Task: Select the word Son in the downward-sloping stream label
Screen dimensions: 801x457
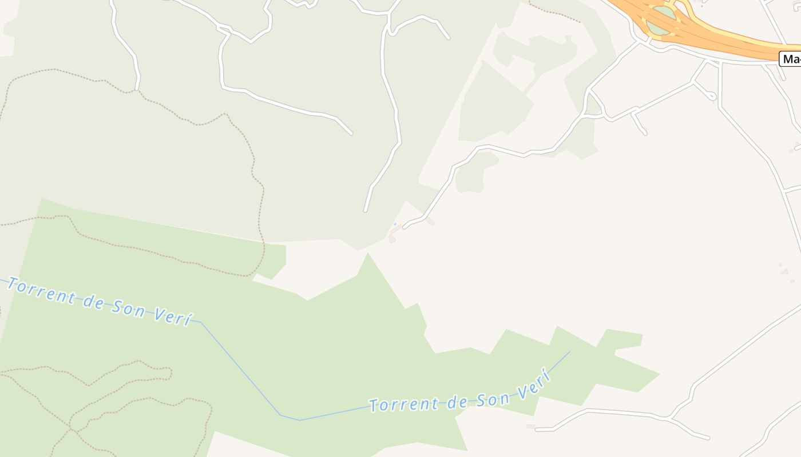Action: click(x=132, y=308)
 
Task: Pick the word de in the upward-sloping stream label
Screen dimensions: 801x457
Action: click(x=458, y=402)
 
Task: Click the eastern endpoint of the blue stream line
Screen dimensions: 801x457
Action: click(x=570, y=351)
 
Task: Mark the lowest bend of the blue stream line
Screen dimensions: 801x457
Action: click(x=299, y=420)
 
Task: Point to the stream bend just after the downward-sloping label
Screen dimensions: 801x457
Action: click(x=201, y=322)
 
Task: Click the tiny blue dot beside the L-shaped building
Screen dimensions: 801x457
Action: click(x=394, y=224)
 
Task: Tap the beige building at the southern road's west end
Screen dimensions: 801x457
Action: click(x=531, y=426)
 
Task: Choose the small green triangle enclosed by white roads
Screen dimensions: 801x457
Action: click(x=594, y=107)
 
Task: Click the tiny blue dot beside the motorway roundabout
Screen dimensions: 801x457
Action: click(x=702, y=6)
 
